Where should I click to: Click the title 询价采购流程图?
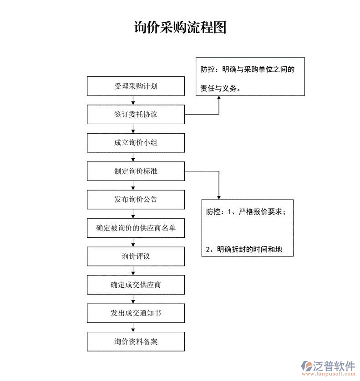tap(180, 27)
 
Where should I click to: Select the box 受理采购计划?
tap(136, 86)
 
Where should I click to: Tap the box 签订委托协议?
tap(136, 114)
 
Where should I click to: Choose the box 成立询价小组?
tap(136, 143)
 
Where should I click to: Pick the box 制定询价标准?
tap(136, 171)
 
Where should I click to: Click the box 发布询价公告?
tap(136, 200)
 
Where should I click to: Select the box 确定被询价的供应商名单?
tap(136, 228)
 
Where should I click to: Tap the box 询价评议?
tap(136, 256)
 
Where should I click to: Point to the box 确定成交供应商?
tap(136, 285)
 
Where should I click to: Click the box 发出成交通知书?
tap(136, 313)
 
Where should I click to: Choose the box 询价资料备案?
tap(136, 342)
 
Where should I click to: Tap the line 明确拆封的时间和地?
tap(244, 249)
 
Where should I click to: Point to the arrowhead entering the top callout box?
tap(219, 98)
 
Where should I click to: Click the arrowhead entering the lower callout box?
tap(219, 197)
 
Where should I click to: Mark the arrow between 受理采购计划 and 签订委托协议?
tap(133, 100)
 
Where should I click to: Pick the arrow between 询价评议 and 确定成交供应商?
tap(133, 271)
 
